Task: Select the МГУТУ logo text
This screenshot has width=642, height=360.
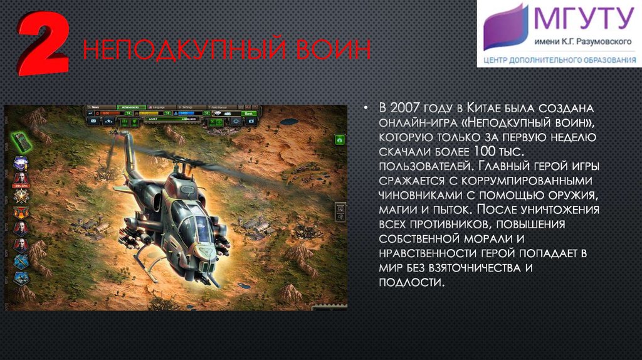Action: point(582,19)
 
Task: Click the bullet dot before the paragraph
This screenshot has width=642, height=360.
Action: point(365,107)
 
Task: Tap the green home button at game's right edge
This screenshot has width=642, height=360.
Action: point(340,139)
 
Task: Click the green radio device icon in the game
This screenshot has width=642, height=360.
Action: point(21,141)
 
